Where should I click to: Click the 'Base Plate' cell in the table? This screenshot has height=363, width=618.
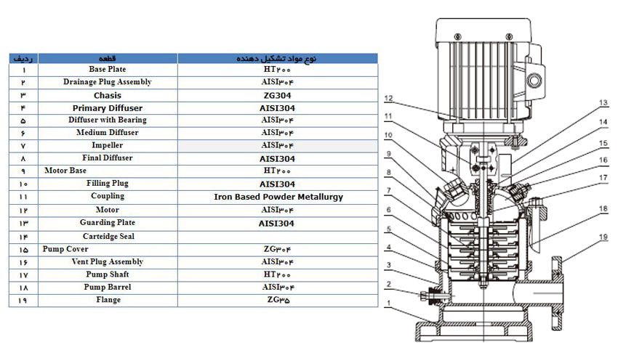click(x=108, y=70)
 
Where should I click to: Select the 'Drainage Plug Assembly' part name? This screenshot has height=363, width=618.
click(x=108, y=82)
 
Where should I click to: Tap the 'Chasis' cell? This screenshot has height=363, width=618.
click(x=108, y=95)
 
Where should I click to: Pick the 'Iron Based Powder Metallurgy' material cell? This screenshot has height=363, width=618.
click(x=278, y=197)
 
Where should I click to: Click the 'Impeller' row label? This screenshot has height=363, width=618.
click(x=108, y=145)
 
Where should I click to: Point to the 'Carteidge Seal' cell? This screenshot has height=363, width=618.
click(x=108, y=237)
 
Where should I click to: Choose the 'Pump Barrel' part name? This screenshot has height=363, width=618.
click(x=108, y=287)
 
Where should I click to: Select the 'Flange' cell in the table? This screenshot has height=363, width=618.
click(x=108, y=300)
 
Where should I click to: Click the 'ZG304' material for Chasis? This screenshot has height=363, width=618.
click(x=278, y=95)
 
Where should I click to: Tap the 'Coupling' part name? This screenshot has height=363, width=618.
click(x=108, y=196)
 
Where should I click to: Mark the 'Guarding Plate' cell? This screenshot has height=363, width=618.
click(x=108, y=223)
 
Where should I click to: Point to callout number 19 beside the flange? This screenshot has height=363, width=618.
click(x=603, y=102)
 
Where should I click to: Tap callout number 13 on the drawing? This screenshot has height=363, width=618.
click(x=603, y=102)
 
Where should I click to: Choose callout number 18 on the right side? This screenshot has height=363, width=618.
click(x=603, y=208)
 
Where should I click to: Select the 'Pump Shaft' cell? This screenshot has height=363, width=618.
click(x=108, y=274)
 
